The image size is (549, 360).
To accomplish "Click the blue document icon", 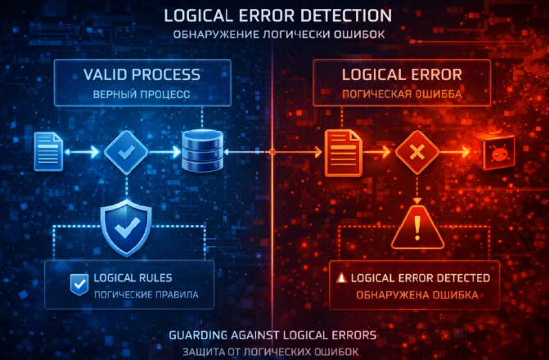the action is click(x=48, y=151).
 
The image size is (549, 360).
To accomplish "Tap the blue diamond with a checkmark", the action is click(x=126, y=152).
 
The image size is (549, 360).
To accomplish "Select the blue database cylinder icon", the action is click(x=203, y=151).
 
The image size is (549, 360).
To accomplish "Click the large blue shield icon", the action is click(x=126, y=227).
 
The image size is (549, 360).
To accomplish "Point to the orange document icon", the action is click(x=343, y=153).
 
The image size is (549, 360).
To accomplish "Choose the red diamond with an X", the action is click(x=417, y=152).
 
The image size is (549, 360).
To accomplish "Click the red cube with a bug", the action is click(x=494, y=151).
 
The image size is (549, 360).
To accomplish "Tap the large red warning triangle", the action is click(x=417, y=227).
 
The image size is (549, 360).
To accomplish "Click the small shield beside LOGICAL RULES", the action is click(x=79, y=285).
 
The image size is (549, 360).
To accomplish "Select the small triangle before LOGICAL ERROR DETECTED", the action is click(x=341, y=278).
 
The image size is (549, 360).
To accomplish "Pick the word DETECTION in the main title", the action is click(x=346, y=16).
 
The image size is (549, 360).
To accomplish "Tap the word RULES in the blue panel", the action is click(x=155, y=278).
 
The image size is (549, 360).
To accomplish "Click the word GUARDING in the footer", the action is click(x=198, y=335).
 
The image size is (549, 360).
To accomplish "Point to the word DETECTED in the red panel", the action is click(x=463, y=278).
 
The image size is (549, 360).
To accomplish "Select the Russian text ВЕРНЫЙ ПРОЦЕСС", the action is click(x=142, y=94).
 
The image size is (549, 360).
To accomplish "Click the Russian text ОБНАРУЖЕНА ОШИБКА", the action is click(x=417, y=295).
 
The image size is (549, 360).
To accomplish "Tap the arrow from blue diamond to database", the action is click(x=165, y=152).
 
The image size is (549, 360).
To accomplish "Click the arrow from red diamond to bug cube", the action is click(x=455, y=152).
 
